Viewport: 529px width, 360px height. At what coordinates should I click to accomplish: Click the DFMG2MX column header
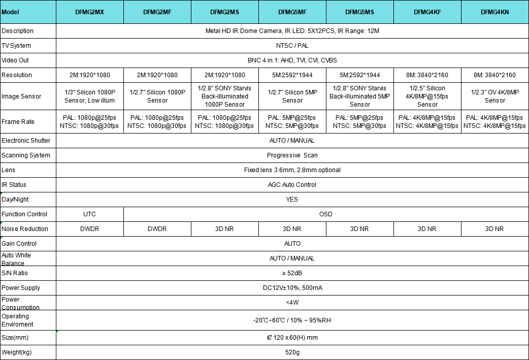click(89, 12)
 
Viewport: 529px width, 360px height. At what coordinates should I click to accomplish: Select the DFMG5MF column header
click(292, 12)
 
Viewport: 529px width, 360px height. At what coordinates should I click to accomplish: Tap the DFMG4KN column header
click(494, 12)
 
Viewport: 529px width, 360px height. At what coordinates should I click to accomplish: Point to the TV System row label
click(16, 46)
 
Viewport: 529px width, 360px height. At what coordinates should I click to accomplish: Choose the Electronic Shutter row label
click(26, 141)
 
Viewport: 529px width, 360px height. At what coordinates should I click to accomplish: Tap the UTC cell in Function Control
click(89, 214)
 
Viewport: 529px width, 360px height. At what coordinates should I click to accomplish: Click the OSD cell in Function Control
click(325, 214)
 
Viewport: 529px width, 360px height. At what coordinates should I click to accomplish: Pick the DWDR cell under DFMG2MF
click(157, 229)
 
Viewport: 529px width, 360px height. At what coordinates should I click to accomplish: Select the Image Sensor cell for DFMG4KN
click(494, 96)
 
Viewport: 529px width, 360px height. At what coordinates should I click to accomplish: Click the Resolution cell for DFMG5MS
click(359, 75)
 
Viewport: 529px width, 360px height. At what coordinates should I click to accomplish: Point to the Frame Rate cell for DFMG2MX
click(89, 122)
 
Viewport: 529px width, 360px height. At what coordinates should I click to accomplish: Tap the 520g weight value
click(292, 352)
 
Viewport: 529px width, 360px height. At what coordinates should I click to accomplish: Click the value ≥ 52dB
click(292, 273)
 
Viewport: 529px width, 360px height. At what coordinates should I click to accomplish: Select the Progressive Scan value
click(292, 155)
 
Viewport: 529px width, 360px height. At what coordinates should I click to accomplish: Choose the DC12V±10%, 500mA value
click(292, 288)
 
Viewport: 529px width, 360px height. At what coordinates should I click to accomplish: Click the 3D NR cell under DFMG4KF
click(427, 229)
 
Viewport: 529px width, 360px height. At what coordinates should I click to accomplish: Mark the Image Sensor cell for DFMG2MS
click(224, 96)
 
